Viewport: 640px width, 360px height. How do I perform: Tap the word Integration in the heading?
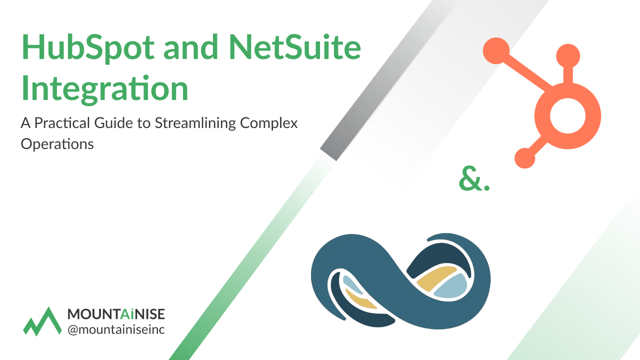tap(104, 88)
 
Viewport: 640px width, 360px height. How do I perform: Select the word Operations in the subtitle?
tap(57, 144)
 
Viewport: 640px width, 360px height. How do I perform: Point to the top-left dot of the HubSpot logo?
tap(495, 50)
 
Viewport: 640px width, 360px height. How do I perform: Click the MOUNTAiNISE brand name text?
tap(116, 314)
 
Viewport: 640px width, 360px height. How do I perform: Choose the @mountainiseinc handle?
tap(116, 329)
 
